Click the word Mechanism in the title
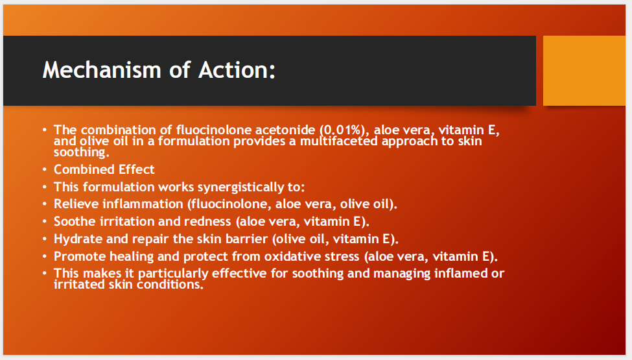pos(102,70)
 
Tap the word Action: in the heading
pos(237,70)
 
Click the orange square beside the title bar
pos(584,71)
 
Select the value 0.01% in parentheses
pos(342,130)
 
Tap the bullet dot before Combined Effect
pos(44,169)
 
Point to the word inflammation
pos(143,204)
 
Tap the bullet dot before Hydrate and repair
pos(44,239)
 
